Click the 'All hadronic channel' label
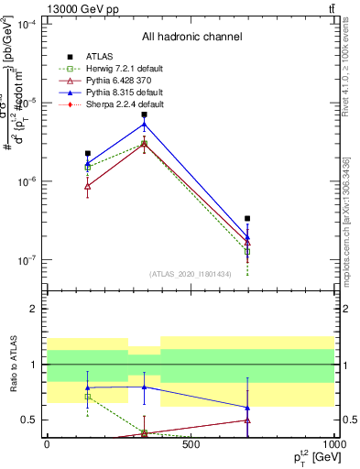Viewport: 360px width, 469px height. (x=191, y=38)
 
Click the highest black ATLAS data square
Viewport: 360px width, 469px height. (x=144, y=115)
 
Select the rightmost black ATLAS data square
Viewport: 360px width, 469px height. (x=248, y=219)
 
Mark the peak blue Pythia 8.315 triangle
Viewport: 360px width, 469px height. (x=144, y=124)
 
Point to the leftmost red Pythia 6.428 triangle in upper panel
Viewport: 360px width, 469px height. (x=87, y=186)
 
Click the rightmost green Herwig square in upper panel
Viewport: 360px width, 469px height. (x=248, y=251)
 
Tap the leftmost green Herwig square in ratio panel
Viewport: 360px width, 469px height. (x=87, y=397)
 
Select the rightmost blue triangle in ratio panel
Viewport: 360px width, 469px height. (x=248, y=407)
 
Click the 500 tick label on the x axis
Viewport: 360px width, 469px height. (x=191, y=444)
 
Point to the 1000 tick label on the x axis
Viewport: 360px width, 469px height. (x=334, y=444)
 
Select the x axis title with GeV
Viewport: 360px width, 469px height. (x=309, y=456)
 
